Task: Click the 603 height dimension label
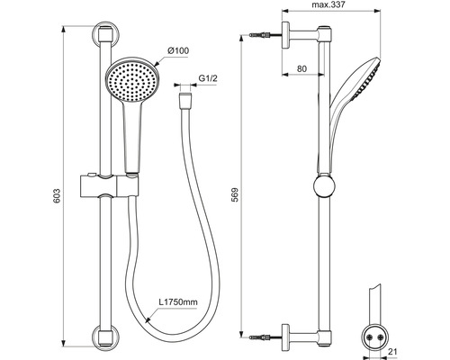(x=57, y=196)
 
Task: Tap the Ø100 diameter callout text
(x=178, y=50)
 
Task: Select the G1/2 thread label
(x=208, y=78)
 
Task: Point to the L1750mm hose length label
(x=178, y=302)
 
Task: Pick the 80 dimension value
(x=301, y=68)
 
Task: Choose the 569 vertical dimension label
(x=235, y=194)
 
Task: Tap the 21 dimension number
(x=392, y=352)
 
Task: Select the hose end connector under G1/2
(x=184, y=101)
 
